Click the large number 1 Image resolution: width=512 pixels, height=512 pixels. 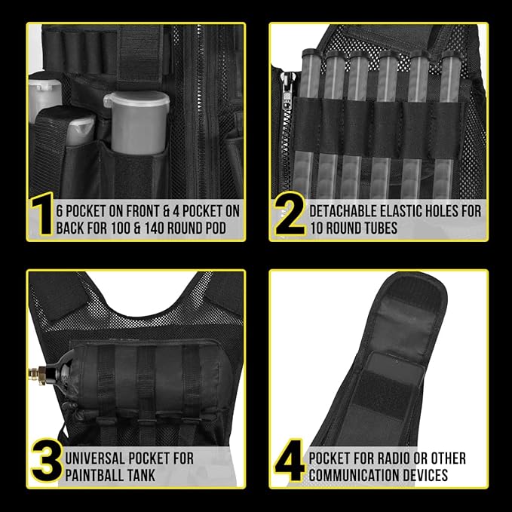42,213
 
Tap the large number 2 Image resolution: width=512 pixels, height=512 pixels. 290,213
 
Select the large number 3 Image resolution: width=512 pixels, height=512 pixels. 47,461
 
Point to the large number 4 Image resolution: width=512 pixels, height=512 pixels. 290,461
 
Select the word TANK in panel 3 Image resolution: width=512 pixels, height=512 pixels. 141,475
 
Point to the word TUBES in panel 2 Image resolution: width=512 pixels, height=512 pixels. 380,228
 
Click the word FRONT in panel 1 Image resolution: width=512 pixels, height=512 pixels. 143,211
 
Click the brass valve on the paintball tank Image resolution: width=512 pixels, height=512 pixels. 37,373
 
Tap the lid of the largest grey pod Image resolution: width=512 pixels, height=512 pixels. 136,99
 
